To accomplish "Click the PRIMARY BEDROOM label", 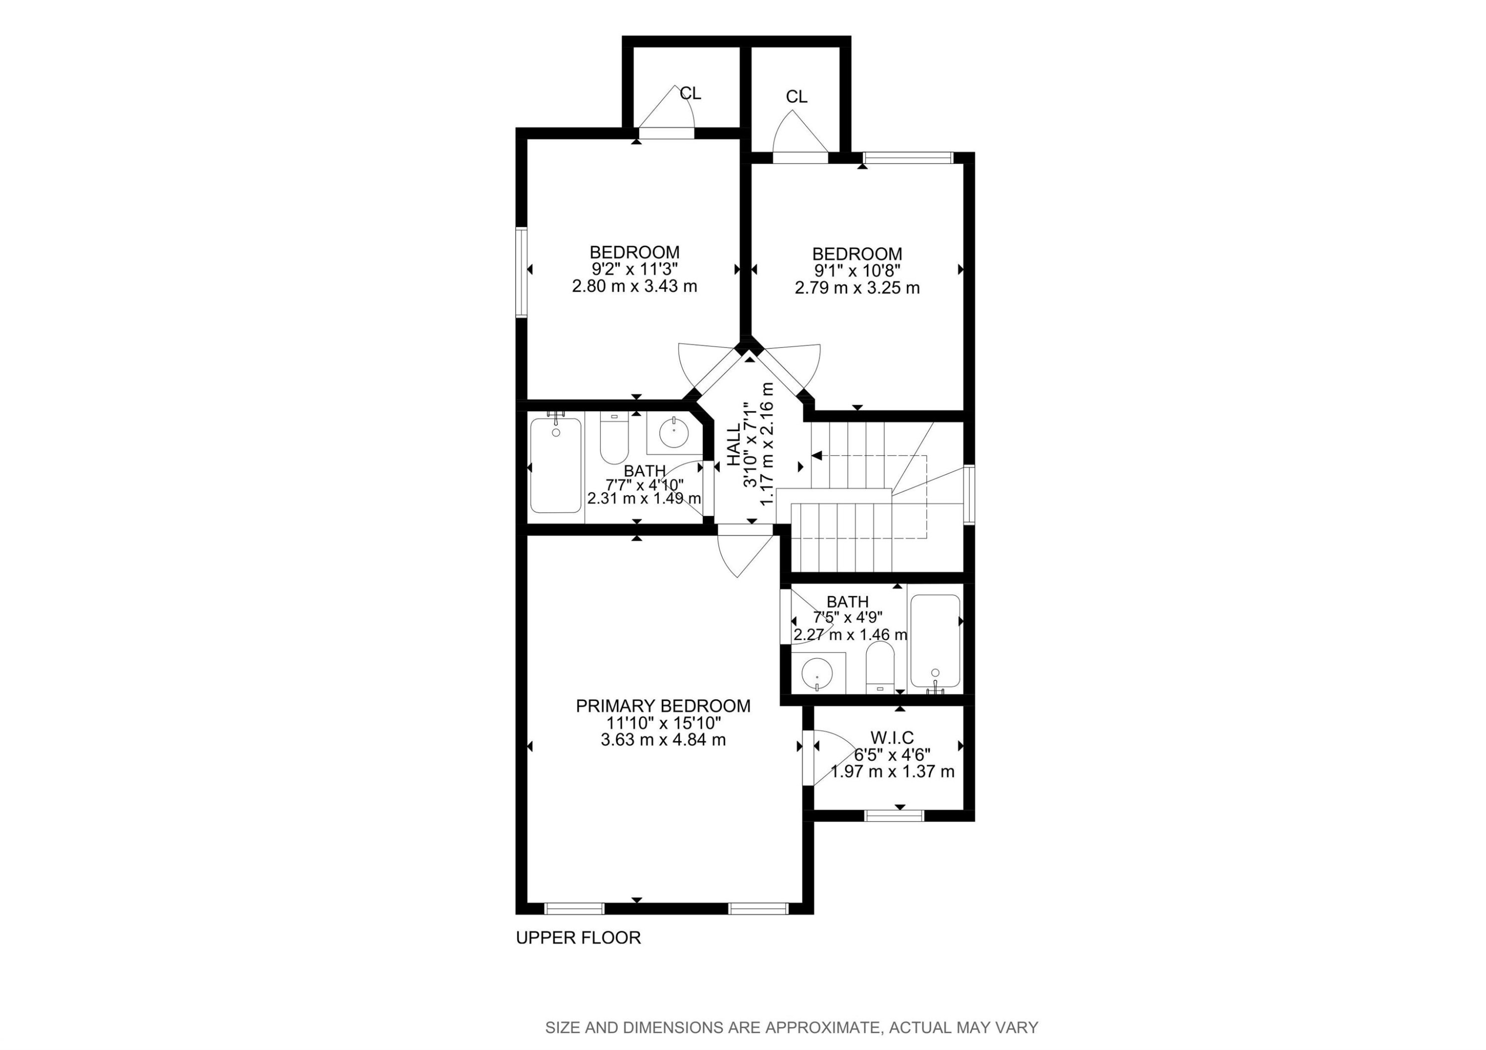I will click(663, 706).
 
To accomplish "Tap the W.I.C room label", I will click(892, 737).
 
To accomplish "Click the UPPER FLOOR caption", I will click(578, 938).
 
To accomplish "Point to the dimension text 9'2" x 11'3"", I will click(634, 269).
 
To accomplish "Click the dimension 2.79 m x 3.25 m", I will click(857, 287).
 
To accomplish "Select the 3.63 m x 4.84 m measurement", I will click(663, 739).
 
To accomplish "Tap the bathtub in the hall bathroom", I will click(555, 465).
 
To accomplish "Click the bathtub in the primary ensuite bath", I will click(935, 640).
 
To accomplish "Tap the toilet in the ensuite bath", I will click(880, 667).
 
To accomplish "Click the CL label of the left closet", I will click(690, 94).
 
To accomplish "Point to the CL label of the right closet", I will click(796, 97).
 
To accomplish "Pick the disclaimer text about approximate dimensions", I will click(792, 1027).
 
